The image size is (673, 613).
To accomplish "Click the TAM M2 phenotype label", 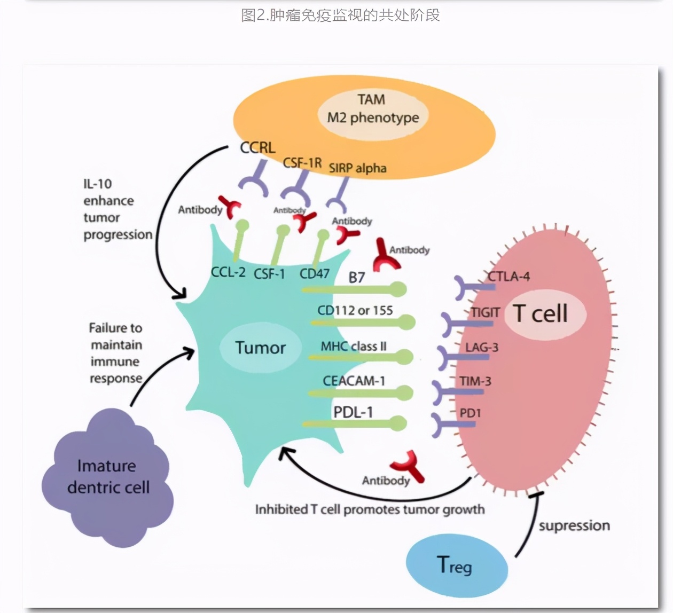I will click(x=372, y=109).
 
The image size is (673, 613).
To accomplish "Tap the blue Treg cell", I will click(x=456, y=564).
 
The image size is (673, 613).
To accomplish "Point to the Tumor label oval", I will click(x=260, y=348).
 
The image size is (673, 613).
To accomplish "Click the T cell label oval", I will click(x=541, y=313).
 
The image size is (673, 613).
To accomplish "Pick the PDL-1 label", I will click(x=353, y=412).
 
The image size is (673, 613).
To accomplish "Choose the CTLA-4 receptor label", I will click(x=508, y=276).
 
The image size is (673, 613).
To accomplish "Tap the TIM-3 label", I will click(x=475, y=381).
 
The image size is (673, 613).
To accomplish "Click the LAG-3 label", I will click(x=481, y=347).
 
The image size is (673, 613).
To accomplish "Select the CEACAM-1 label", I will click(x=354, y=381).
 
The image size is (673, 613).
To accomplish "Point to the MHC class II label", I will click(x=353, y=346).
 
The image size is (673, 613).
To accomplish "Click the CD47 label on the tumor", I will click(x=314, y=273).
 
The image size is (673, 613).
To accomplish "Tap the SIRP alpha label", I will click(x=357, y=168).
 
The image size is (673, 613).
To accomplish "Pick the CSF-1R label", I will click(x=302, y=162).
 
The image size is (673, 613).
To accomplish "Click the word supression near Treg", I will click(x=574, y=525).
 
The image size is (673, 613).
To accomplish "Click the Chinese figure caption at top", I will click(x=340, y=15).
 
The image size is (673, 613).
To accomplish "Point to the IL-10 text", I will click(x=97, y=184).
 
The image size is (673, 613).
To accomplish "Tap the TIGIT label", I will click(x=485, y=312).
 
